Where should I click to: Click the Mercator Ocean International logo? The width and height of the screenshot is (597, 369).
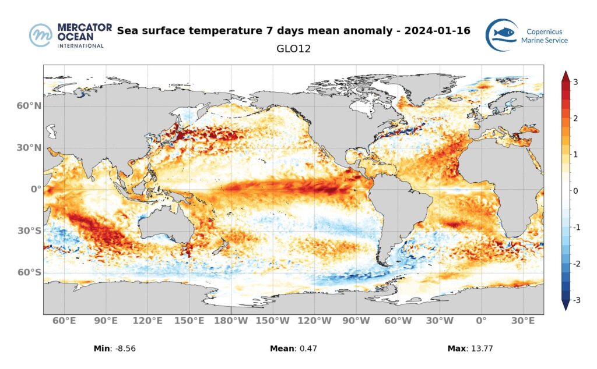(67, 36)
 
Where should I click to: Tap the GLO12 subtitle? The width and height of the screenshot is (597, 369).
(293, 49)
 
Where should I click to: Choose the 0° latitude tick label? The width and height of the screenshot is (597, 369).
(36, 189)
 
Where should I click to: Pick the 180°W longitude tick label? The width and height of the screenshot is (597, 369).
(231, 321)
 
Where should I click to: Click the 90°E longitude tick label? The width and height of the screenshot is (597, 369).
(106, 321)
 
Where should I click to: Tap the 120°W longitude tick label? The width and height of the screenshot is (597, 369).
(315, 321)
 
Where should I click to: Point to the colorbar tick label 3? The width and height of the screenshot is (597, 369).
(575, 82)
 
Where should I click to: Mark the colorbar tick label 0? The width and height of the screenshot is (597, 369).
(575, 191)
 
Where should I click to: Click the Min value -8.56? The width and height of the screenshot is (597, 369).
(127, 349)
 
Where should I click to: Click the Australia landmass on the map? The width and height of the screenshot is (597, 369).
(166, 221)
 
